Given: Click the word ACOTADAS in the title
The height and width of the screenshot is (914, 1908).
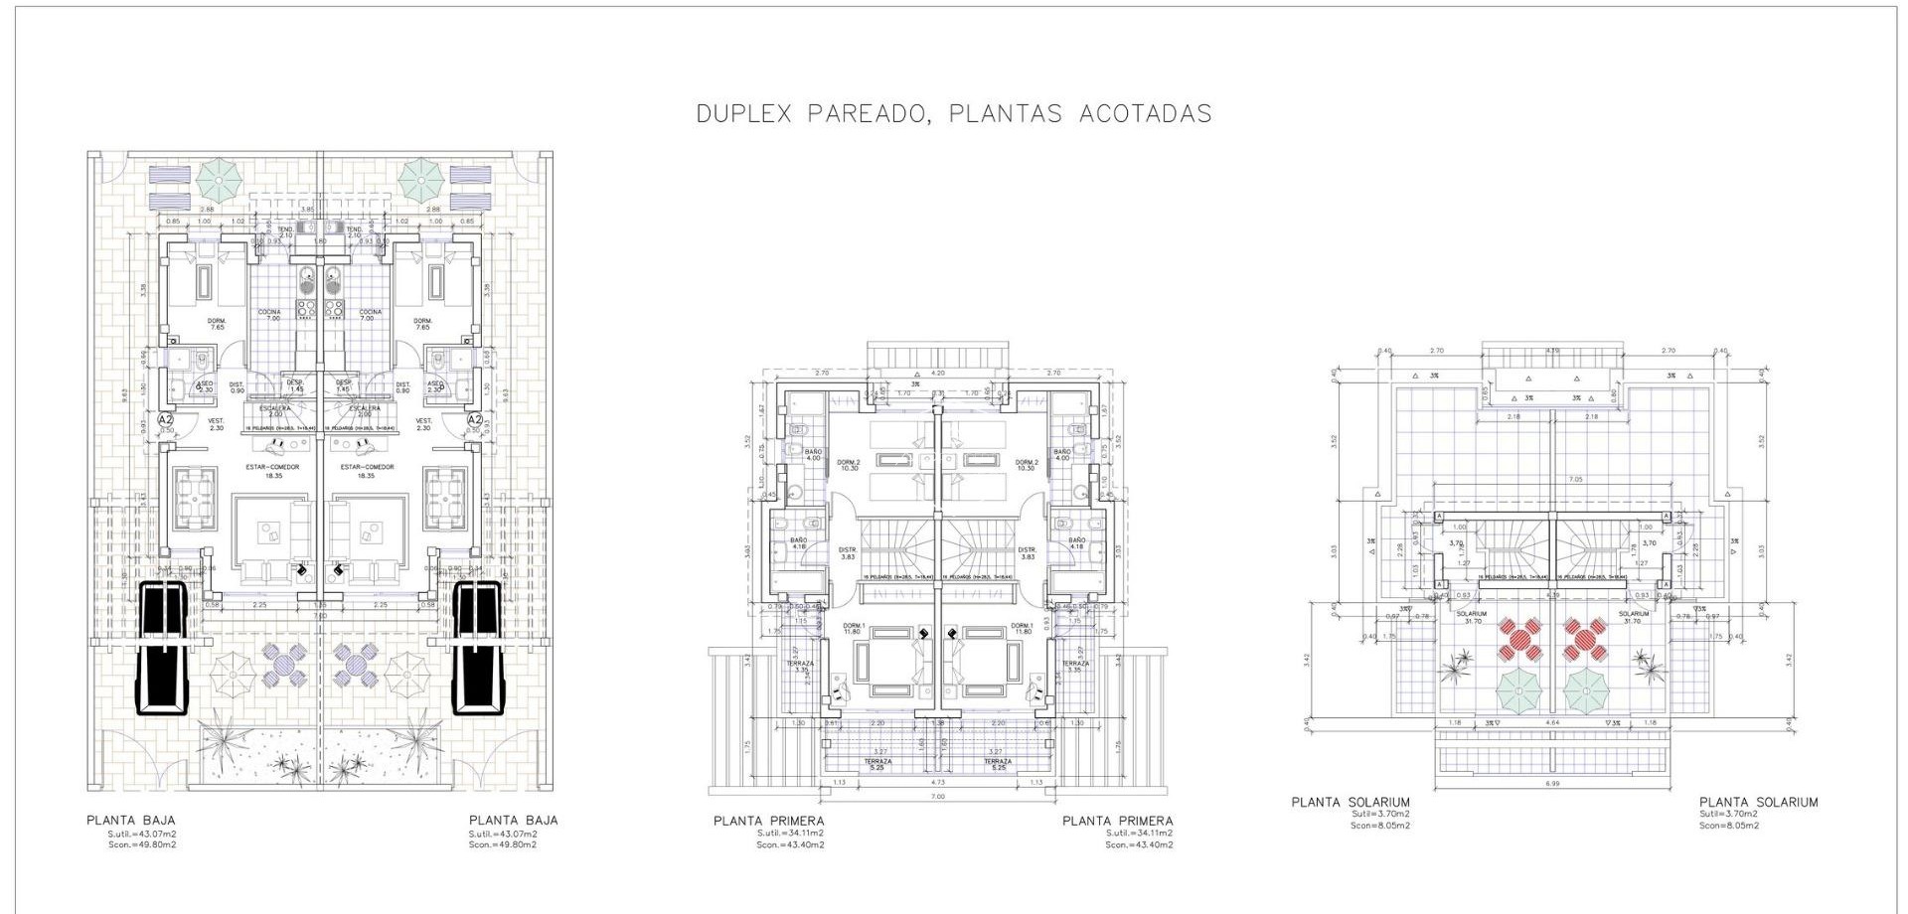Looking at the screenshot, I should click(1145, 114).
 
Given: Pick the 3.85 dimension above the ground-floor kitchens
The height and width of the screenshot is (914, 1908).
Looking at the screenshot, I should click(307, 210).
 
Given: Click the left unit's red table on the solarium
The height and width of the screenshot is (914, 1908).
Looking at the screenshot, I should click(1520, 640).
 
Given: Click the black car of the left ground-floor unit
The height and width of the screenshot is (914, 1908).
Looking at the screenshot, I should click(162, 648).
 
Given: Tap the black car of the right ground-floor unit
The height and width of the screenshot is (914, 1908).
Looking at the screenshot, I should click(478, 648).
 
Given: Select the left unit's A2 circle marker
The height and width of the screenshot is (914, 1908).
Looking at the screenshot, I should click(167, 420).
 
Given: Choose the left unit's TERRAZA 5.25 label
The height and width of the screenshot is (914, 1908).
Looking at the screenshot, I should click(876, 765).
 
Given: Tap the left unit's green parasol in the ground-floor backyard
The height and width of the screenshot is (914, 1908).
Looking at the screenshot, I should click(218, 181).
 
